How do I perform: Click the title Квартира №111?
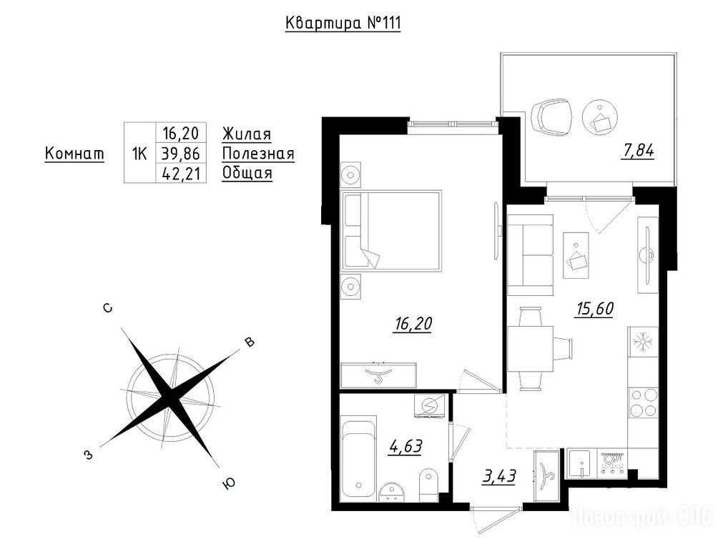click(343, 23)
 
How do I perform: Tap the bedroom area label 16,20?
click(413, 324)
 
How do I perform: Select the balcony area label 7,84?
click(638, 152)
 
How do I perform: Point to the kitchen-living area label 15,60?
click(594, 309)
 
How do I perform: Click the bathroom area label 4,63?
click(405, 446)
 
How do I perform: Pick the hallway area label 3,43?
click(499, 476)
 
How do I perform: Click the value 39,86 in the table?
click(181, 153)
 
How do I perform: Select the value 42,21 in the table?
click(181, 173)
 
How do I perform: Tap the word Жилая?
click(247, 134)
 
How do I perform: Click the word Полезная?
click(258, 153)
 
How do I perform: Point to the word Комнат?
click(74, 153)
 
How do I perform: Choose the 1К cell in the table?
click(139, 154)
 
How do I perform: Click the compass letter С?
click(108, 308)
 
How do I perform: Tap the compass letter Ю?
click(229, 483)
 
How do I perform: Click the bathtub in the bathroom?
click(359, 459)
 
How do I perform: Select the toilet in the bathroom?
click(428, 485)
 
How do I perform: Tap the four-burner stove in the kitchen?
click(643, 403)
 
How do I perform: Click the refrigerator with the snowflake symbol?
click(643, 342)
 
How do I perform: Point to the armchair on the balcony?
click(552, 115)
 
